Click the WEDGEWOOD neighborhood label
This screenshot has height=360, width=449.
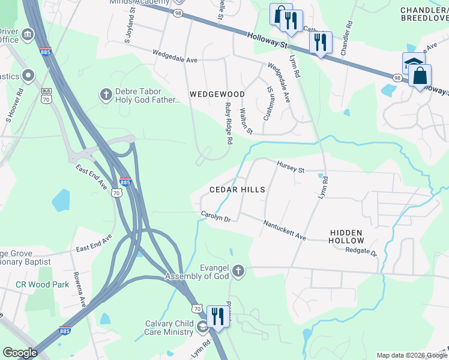[x=217, y=94]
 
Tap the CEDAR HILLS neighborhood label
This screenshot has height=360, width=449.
[x=237, y=190]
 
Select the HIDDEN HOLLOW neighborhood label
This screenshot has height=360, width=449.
[x=346, y=236]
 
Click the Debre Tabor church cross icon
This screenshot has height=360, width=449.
[x=106, y=94]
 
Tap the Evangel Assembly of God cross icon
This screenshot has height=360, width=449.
[x=238, y=271]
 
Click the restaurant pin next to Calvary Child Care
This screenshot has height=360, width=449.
[x=217, y=316]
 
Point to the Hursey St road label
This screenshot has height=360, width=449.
[x=291, y=166]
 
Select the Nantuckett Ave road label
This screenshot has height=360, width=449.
[x=285, y=230]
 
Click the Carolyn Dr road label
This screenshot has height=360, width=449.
[x=215, y=216]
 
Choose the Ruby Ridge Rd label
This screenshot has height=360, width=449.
[x=228, y=123]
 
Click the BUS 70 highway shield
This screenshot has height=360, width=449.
[x=46, y=95]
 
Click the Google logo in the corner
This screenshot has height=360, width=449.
[x=20, y=353]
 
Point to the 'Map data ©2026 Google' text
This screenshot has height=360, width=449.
[x=411, y=355]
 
